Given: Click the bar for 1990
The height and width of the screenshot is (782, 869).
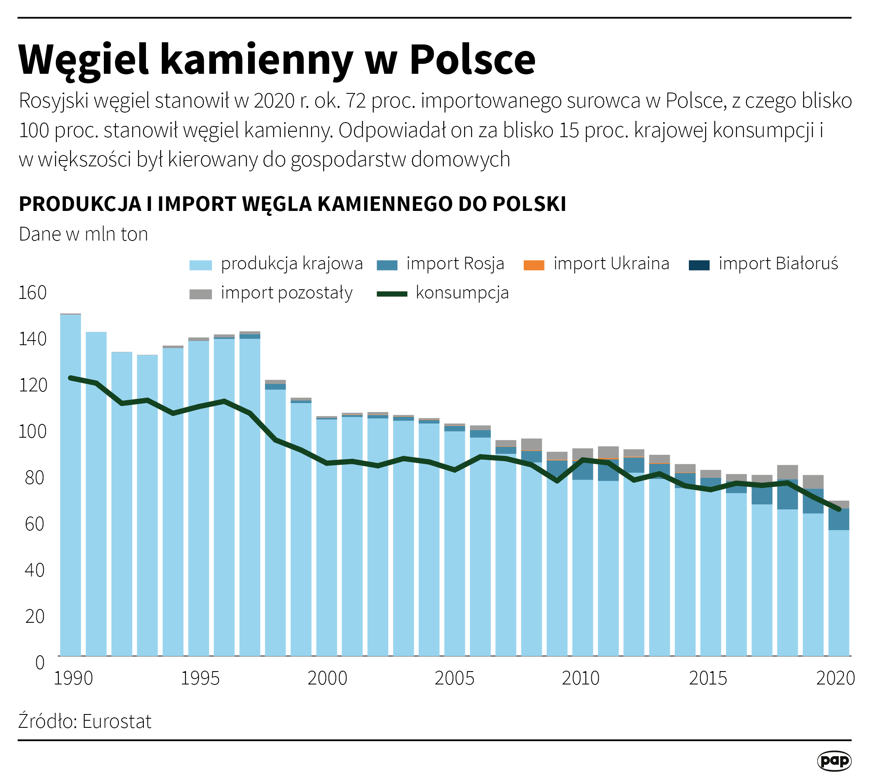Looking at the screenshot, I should [x=70, y=486].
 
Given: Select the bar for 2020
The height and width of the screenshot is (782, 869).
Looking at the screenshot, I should [x=839, y=593].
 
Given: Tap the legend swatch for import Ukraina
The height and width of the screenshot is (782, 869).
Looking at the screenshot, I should [x=533, y=265].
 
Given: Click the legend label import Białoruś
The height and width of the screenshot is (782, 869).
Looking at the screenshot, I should [x=778, y=263].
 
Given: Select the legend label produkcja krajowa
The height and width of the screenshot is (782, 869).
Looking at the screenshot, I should [x=291, y=263].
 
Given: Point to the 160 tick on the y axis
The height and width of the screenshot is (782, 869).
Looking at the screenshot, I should [x=32, y=293].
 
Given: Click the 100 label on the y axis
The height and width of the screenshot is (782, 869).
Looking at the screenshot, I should [x=32, y=431].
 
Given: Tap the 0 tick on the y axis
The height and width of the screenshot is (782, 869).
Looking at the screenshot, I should [x=40, y=662].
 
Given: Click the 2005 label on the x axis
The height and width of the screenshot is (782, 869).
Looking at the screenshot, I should [x=454, y=679].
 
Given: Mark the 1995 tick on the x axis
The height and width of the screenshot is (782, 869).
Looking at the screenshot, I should [x=200, y=679].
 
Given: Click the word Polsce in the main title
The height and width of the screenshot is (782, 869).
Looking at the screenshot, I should [x=472, y=60].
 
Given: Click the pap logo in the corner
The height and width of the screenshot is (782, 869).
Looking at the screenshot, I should [x=834, y=761].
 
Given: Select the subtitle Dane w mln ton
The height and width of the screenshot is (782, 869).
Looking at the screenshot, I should [x=83, y=234].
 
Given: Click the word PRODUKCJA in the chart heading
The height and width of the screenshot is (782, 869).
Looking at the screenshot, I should [x=80, y=204].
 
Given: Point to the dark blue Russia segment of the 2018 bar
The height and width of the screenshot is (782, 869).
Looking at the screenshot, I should [x=787, y=494].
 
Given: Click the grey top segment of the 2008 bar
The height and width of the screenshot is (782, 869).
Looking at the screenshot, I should [x=531, y=444].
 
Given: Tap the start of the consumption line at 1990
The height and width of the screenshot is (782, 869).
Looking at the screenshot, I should [x=70, y=378].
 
